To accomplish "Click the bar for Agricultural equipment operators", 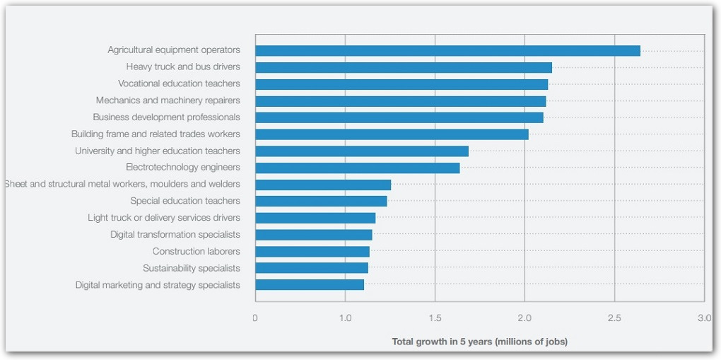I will [447, 51].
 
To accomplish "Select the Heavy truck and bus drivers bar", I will [404, 67].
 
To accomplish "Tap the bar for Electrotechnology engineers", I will [357, 168].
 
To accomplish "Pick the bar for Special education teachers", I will [321, 201].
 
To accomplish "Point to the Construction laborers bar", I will [312, 251].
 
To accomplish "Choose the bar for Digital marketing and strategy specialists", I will [310, 285].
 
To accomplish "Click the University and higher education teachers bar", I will [362, 151].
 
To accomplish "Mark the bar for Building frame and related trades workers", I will [392, 134].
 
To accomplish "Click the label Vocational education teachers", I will [179, 83].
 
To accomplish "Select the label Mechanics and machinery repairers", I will [168, 100].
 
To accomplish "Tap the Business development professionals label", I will [166, 117].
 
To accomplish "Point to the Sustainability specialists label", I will [191, 268].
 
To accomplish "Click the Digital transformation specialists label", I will [175, 235].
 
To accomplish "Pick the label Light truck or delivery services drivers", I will [163, 218].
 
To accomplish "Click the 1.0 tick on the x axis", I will [345, 318].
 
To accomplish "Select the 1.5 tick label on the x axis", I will [435, 318].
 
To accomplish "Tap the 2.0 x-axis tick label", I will [524, 318].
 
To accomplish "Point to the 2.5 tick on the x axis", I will [614, 318].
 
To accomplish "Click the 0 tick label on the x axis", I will [255, 318].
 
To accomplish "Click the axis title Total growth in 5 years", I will [479, 342].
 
